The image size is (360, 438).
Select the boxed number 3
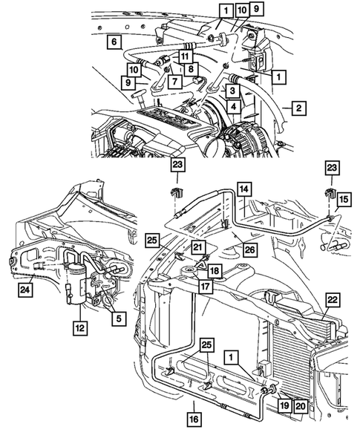pos(232,90)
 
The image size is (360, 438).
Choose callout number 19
pos(284,405)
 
